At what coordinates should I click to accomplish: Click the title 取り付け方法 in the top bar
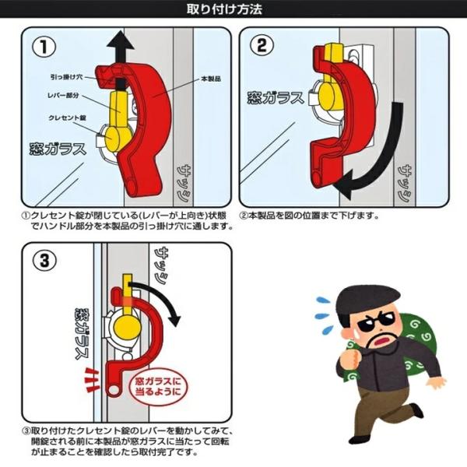tap(224, 9)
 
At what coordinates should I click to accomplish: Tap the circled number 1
tap(44, 47)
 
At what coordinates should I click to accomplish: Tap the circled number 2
tap(262, 46)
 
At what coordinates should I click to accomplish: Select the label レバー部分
tap(63, 95)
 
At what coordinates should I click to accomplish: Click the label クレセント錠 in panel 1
tap(67, 118)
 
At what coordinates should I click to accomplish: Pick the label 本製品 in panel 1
tap(211, 79)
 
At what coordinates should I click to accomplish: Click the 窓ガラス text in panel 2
tap(276, 98)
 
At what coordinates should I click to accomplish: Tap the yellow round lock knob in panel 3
tap(127, 326)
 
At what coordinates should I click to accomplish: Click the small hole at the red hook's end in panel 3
tap(113, 390)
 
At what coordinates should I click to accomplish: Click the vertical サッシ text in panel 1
tap(184, 183)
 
